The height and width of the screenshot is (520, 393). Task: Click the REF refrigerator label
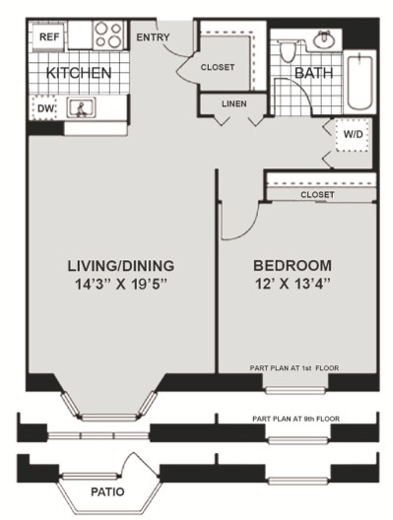49,36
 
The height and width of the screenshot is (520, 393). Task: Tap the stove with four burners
108,34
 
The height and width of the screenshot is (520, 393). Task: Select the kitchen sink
81,107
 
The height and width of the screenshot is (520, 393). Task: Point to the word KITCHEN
79,73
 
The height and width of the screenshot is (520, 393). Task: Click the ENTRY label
153,37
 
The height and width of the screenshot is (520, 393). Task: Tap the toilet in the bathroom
287,51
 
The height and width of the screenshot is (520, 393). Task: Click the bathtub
360,83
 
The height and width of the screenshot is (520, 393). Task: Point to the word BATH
314,73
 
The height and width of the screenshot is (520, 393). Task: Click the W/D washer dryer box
353,135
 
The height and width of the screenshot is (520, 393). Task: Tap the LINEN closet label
234,103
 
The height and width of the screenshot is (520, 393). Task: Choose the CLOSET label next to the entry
218,67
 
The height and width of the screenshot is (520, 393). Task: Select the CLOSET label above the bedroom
317,195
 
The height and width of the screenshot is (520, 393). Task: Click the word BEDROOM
293,266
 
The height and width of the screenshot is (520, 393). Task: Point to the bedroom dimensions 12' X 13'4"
293,284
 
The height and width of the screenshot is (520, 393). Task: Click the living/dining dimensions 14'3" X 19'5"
120,285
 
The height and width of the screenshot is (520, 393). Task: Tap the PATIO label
107,491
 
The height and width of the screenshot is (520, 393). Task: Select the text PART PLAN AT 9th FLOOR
295,419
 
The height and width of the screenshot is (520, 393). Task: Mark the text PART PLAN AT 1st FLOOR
295,367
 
